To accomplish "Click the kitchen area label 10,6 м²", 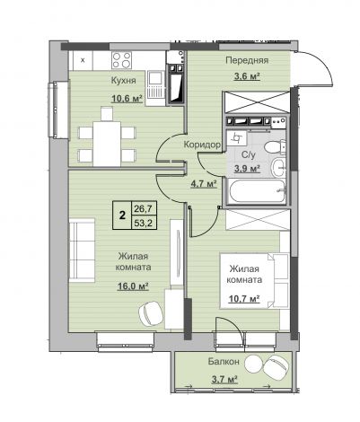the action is pyautogui.click(x=127, y=98).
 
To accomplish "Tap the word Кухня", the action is pyautogui.click(x=124, y=81).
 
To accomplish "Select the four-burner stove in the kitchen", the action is pyautogui.click(x=121, y=60).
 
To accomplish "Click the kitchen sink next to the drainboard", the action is pyautogui.click(x=155, y=78).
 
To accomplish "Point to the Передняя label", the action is pyautogui.click(x=247, y=60).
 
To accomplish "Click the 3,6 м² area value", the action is pyautogui.click(x=247, y=76).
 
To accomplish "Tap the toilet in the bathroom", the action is pyautogui.click(x=275, y=147).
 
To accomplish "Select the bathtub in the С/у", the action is pyautogui.click(x=258, y=191).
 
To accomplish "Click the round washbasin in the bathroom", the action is pyautogui.click(x=279, y=167).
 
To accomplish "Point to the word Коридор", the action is pyautogui.click(x=202, y=145).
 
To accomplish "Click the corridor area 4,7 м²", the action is pyautogui.click(x=204, y=183).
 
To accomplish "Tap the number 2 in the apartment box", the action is pyautogui.click(x=122, y=215).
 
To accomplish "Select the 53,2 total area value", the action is pyautogui.click(x=143, y=223).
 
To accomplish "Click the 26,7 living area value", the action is pyautogui.click(x=143, y=208).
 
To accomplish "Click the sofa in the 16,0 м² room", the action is pyautogui.click(x=82, y=250).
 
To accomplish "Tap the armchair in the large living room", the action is pyautogui.click(x=151, y=313).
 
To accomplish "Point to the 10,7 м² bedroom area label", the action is pyautogui.click(x=244, y=298).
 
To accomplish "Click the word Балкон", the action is pyautogui.click(x=224, y=362).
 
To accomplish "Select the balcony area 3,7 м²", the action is pyautogui.click(x=224, y=380).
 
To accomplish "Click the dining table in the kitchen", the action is pyautogui.click(x=107, y=143).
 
